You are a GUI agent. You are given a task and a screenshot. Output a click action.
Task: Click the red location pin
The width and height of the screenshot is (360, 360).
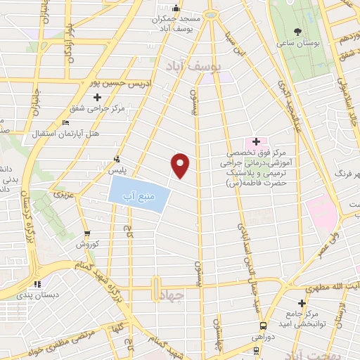point(181,165)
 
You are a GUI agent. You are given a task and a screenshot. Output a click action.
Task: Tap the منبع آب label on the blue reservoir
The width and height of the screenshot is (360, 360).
point(139,194)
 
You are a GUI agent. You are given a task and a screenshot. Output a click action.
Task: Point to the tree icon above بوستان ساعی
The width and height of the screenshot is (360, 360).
point(298,30)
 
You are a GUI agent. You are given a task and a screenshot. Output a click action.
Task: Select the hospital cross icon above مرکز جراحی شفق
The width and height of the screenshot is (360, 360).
point(98,96)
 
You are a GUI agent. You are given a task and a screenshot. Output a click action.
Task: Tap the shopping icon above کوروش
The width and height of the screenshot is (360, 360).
point(86,233)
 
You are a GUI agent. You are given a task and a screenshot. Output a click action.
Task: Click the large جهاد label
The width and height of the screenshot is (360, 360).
point(172,296)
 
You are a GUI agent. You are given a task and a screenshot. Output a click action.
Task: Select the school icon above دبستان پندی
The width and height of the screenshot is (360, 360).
point(38,285)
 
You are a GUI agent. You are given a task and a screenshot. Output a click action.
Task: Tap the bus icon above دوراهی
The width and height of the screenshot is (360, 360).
point(262,326)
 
